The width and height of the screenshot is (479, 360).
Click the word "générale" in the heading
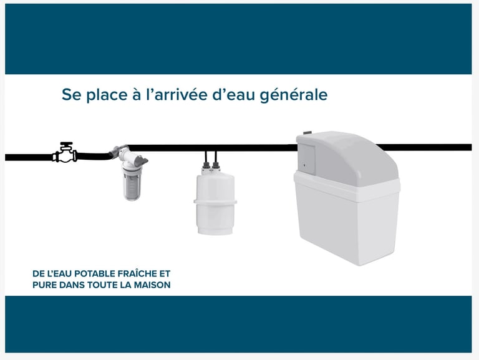coord(294,95)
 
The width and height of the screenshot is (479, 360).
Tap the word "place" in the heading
coord(106,94)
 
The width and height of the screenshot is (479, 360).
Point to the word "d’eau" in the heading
coord(233,94)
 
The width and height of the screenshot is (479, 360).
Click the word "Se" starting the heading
coord(72,95)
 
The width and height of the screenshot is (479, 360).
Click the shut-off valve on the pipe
coord(65,152)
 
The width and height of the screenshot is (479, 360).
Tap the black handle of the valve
coord(66,145)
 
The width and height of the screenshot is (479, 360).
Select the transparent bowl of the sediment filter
coord(132,183)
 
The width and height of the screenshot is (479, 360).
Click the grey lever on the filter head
coord(140,160)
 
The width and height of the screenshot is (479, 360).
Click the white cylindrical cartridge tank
coord(215,204)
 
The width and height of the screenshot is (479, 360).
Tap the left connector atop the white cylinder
coord(206,163)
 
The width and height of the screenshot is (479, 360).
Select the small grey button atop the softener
coord(307,133)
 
